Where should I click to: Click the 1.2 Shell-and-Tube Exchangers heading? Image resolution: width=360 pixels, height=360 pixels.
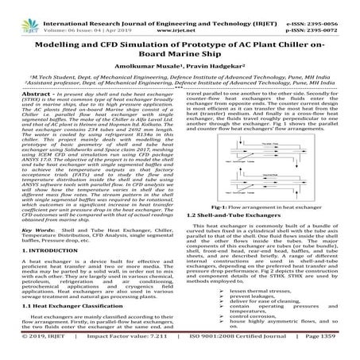[235, 215]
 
